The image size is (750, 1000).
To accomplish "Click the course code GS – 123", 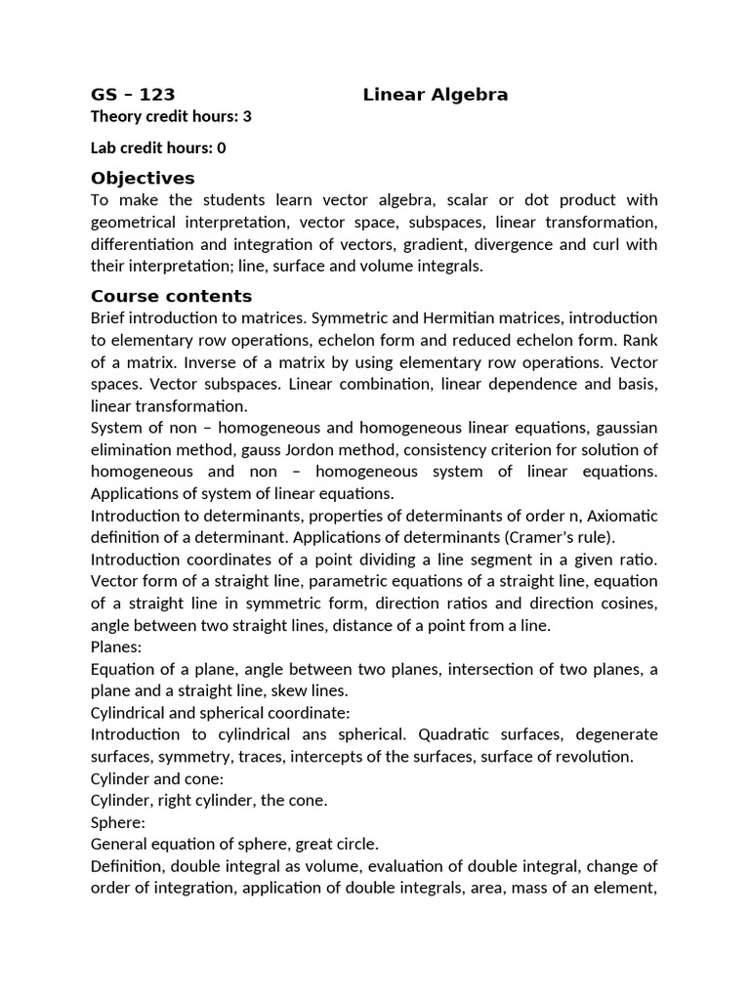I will click(133, 95).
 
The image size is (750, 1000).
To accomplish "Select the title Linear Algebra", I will click(436, 95).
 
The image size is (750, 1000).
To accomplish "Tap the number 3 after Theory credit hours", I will click(247, 116).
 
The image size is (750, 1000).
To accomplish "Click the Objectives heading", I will click(143, 178).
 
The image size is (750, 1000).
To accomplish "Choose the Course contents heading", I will click(171, 296).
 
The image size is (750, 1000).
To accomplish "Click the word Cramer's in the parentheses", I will click(543, 537).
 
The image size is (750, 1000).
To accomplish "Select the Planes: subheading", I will click(116, 646).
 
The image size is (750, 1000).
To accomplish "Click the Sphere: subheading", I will click(117, 822).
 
